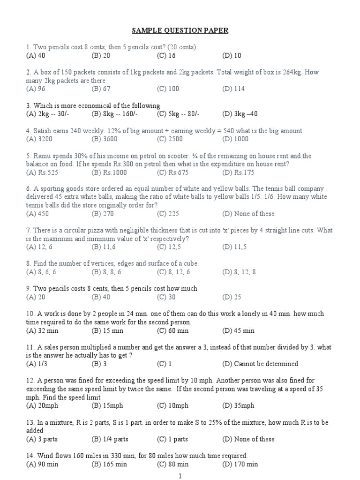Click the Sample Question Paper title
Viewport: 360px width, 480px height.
click(180, 30)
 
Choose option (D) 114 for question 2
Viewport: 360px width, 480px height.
click(233, 89)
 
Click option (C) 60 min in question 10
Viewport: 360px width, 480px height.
click(173, 330)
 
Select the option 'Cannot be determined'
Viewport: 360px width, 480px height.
click(260, 364)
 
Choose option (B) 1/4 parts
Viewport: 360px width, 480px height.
click(110, 439)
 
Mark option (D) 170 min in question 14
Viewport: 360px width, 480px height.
click(240, 464)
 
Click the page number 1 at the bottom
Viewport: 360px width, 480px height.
click(180, 475)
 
